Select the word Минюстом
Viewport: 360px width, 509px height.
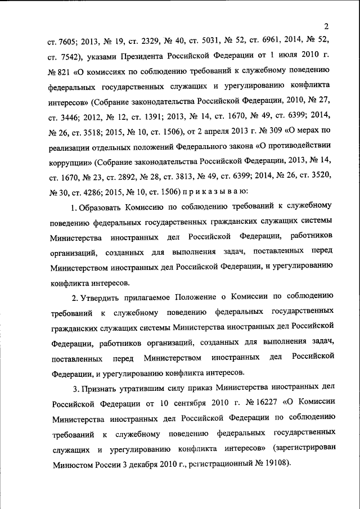click(73, 465)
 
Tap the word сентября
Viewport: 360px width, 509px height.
click(184, 403)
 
